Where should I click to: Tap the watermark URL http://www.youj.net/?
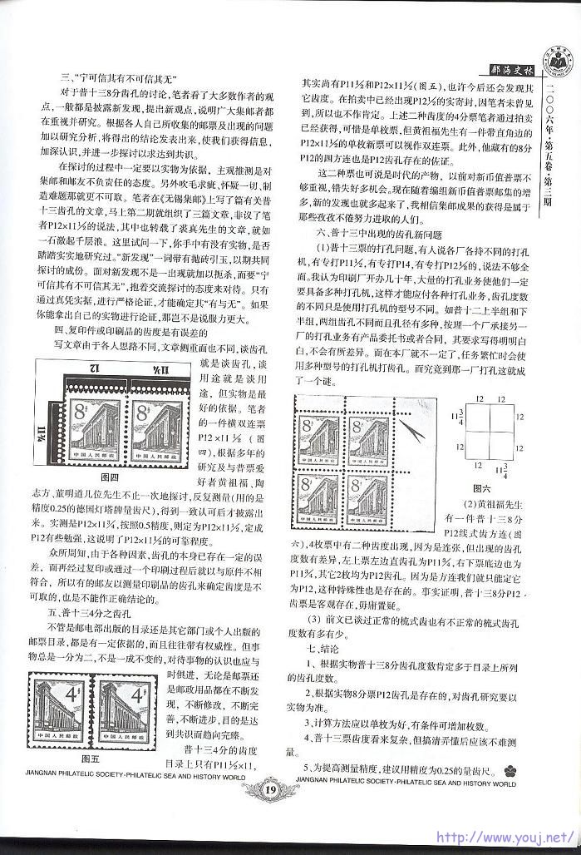click(506, 837)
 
